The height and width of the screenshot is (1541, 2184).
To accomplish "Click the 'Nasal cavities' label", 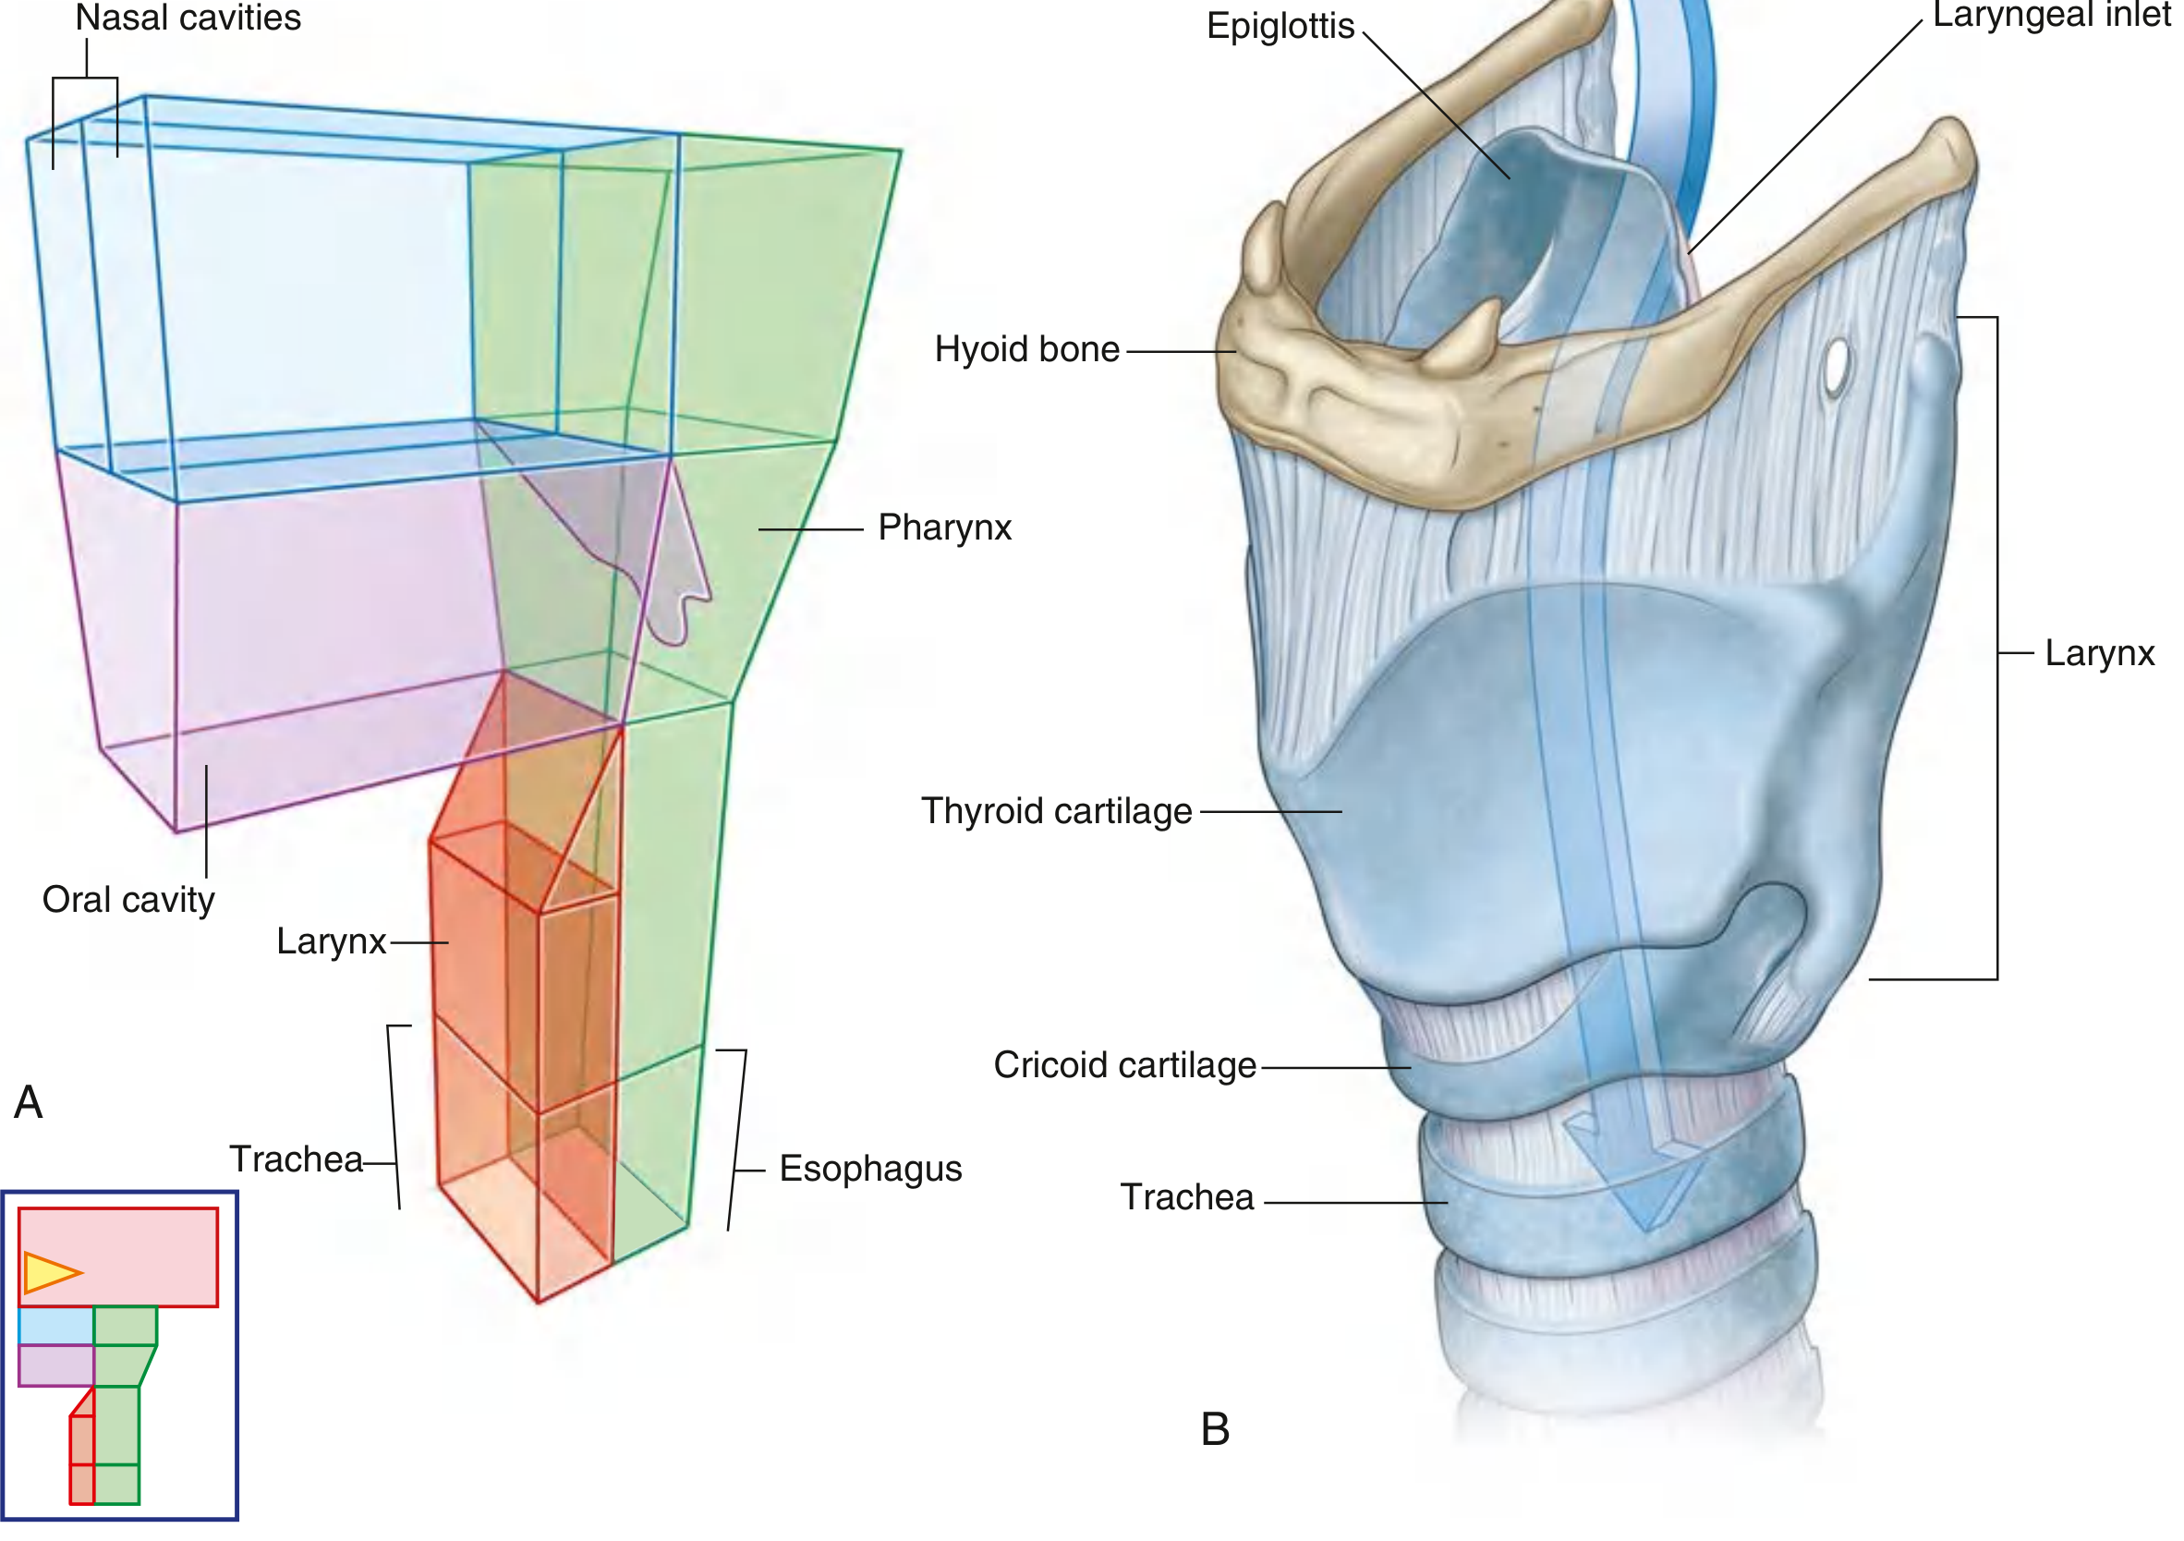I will (188, 18).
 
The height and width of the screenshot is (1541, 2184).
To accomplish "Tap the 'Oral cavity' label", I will (128, 900).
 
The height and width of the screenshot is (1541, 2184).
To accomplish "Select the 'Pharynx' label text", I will (944, 528).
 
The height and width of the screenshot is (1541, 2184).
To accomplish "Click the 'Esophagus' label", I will (870, 1169).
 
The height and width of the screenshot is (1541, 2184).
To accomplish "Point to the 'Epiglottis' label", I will (1280, 26).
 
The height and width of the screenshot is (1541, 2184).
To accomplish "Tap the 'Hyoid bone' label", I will (1027, 350).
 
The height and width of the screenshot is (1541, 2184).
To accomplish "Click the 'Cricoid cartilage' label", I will (1125, 1066).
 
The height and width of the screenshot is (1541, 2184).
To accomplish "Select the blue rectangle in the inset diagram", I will (55, 1326).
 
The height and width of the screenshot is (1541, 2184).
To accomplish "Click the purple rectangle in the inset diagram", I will (55, 1365).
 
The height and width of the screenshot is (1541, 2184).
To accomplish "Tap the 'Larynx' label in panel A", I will (331, 941).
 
